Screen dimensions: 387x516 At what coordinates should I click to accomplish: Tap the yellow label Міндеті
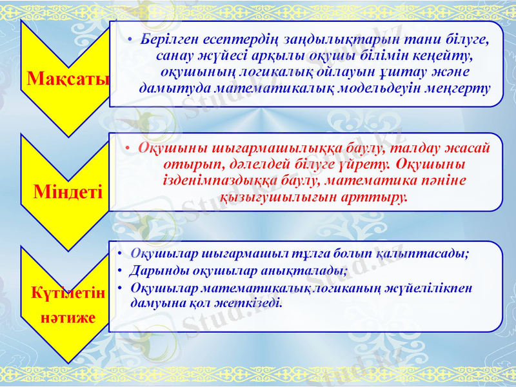pos(68,192)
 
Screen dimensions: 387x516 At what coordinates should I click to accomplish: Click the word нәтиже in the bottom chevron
pos(68,317)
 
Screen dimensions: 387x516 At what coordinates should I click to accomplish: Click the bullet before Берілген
pos(130,40)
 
